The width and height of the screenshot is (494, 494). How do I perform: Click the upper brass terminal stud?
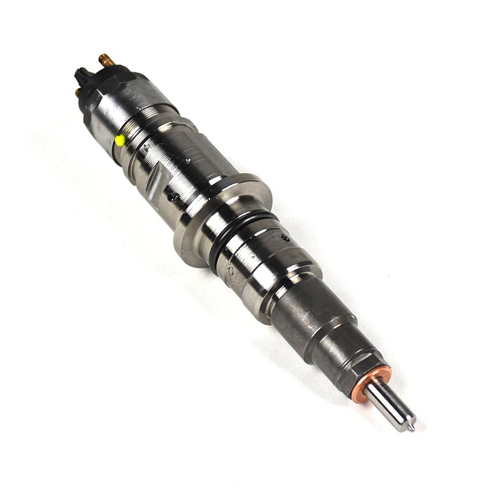coord(106,60)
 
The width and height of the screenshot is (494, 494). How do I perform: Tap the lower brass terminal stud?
coord(78,93)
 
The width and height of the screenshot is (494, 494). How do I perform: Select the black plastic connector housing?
coord(84,77)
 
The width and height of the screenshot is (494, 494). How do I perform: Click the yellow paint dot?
coord(120,140)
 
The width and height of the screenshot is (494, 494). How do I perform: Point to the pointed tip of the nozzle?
coord(413,426)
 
